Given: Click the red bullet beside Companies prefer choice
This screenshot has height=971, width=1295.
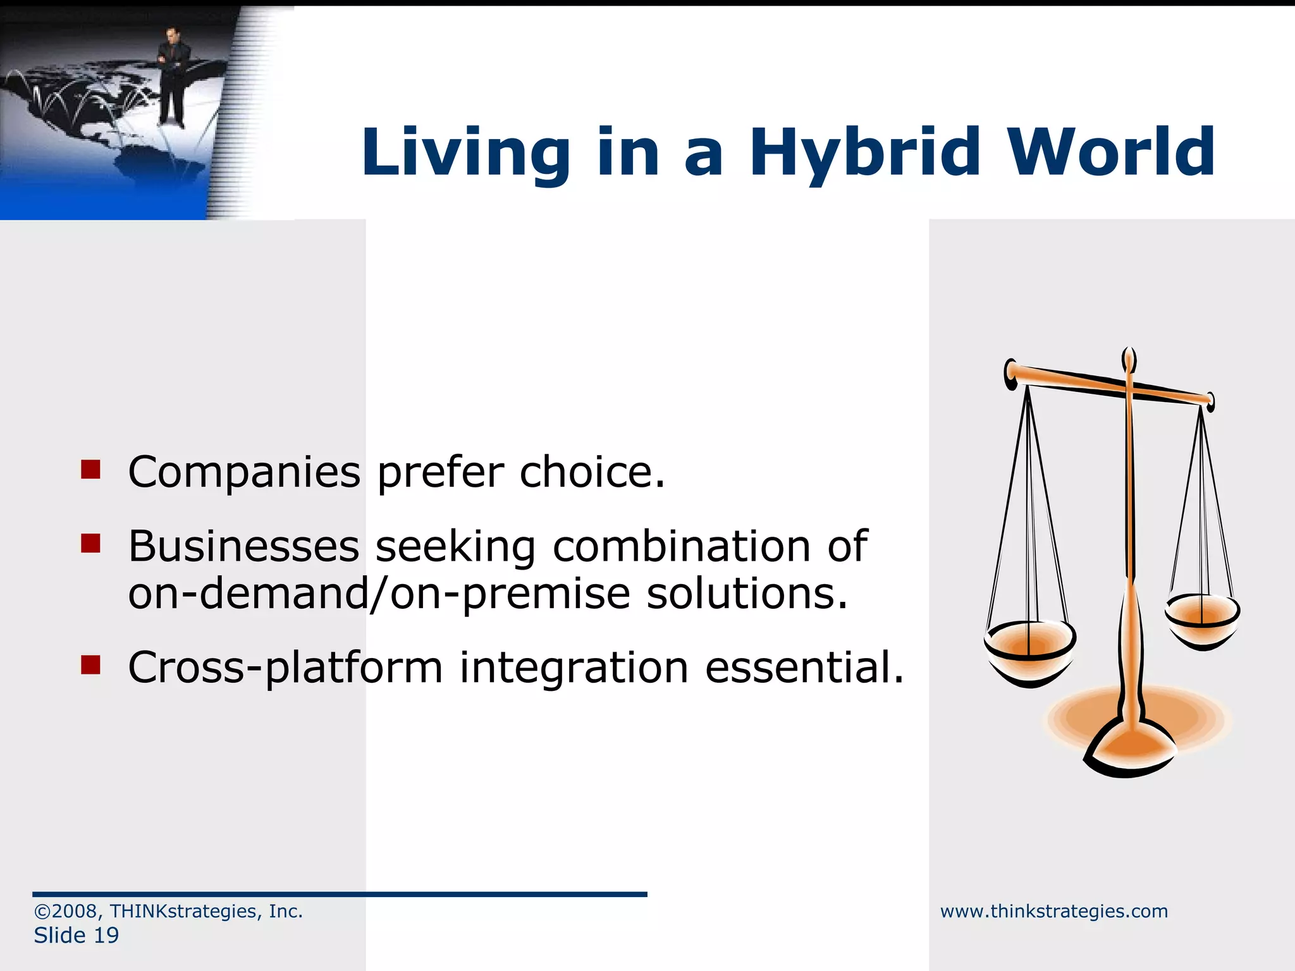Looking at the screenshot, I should tap(91, 470).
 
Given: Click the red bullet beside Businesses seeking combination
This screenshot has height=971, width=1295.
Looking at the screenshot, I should tap(91, 543).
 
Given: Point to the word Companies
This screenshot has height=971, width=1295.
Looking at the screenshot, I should tap(244, 472).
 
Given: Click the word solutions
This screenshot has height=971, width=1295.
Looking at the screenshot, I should tap(747, 594).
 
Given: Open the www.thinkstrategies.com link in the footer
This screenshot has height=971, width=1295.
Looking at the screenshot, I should tap(1053, 911).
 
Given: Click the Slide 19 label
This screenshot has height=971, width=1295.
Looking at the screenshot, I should tap(77, 936).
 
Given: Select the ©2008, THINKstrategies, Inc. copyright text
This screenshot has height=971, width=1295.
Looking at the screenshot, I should tap(168, 911).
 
